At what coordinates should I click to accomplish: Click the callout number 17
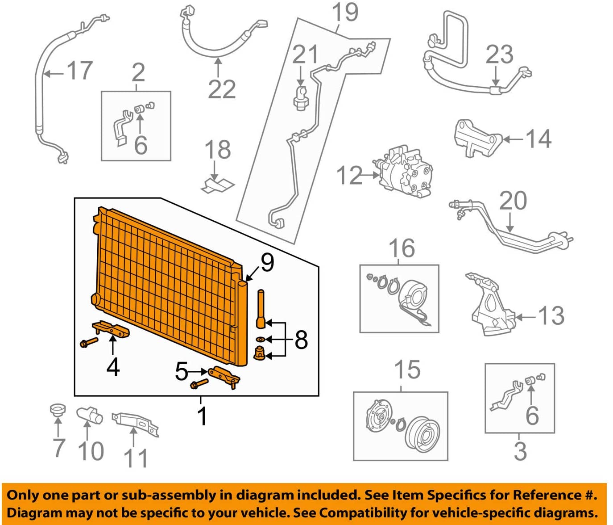point(79,71)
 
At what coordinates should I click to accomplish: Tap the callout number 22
point(222,89)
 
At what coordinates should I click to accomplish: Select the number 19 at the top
point(345,12)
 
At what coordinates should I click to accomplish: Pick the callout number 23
point(499,55)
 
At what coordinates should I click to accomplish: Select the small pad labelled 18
point(218,185)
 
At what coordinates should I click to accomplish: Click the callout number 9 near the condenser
point(267,262)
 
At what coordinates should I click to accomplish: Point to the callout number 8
point(301,340)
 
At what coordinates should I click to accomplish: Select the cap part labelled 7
point(57,410)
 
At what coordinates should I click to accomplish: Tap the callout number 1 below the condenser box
point(202,416)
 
